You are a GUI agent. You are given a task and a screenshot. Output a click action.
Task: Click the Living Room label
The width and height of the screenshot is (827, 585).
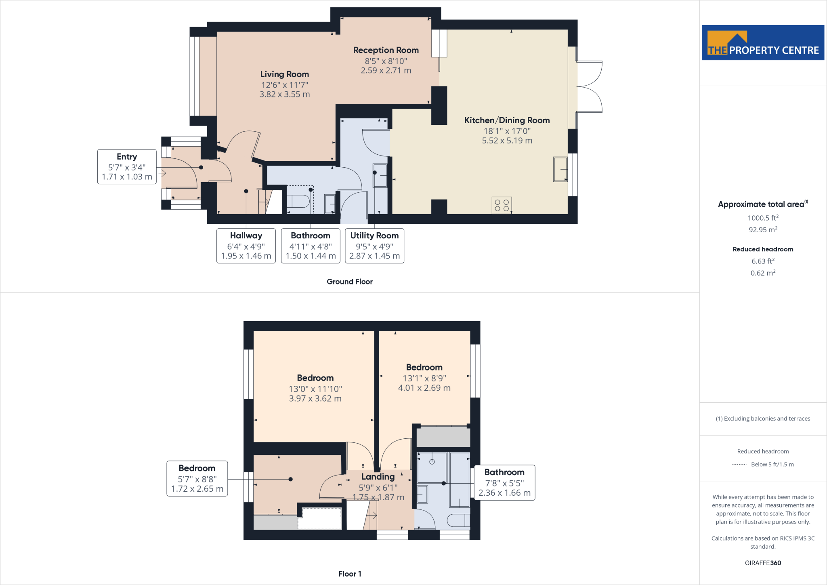(284, 74)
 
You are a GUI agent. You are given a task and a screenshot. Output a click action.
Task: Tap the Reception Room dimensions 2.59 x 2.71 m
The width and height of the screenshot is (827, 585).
(386, 71)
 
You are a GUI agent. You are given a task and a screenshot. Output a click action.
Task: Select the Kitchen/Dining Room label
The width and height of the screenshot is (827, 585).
(507, 120)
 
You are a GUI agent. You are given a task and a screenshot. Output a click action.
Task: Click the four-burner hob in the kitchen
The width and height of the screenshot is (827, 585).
(502, 205)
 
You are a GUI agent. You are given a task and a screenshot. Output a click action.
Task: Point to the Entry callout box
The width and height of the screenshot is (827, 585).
(127, 167)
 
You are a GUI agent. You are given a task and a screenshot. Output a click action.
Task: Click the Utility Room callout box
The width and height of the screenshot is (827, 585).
(374, 246)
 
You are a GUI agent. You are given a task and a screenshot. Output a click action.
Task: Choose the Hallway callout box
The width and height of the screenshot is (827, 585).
(246, 246)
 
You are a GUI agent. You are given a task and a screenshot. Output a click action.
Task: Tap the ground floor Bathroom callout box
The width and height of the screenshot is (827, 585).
(311, 246)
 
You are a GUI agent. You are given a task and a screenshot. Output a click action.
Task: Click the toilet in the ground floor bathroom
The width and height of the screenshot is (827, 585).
(298, 201)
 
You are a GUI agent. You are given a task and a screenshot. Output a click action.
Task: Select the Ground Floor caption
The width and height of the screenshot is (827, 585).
(349, 282)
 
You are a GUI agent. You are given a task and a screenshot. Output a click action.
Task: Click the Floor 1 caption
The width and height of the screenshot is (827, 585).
(350, 574)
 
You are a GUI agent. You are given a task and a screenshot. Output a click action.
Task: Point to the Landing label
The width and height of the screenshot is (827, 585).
(378, 477)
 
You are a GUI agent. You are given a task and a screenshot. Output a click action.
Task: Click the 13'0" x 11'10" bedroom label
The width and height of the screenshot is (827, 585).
(315, 378)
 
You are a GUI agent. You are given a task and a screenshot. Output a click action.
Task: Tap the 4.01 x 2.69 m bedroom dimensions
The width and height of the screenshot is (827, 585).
(424, 388)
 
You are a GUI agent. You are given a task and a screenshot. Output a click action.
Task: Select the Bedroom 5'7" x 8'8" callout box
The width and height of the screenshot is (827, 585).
(197, 478)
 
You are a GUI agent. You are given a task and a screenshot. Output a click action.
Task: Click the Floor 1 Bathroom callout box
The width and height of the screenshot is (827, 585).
(504, 482)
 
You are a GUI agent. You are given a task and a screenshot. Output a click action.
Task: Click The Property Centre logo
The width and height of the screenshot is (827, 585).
(763, 43)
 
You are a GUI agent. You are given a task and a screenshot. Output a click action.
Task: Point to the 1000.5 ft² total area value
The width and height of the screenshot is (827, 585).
(763, 218)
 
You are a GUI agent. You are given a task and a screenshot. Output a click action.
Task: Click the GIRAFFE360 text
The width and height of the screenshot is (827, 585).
(763, 563)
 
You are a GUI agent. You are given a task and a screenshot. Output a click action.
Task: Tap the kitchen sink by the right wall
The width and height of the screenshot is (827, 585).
(560, 169)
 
